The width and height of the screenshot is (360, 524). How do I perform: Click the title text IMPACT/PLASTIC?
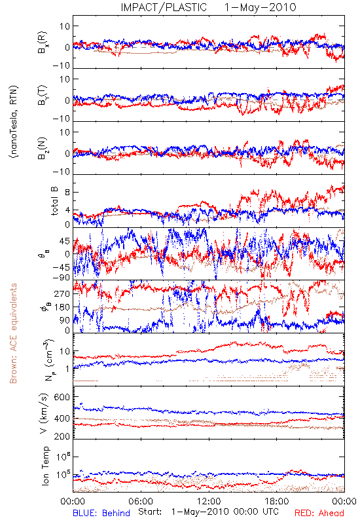coord(164,7)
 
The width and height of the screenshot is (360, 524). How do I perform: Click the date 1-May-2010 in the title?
coord(260,7)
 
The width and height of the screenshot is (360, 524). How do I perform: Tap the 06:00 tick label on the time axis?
coord(141,501)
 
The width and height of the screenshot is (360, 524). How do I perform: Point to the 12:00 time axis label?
coord(209,501)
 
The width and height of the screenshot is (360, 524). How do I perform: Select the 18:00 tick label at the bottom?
coord(277,501)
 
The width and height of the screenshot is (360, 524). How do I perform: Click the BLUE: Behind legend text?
coord(101,513)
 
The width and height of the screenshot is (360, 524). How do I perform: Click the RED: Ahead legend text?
coord(319,513)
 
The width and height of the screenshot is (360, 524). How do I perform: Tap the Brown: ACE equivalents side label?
coord(13,333)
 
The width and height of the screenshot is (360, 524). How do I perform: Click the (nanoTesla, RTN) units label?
coord(14,122)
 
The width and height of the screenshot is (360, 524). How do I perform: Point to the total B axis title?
coord(54,201)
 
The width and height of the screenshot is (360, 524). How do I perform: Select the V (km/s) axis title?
coord(44,413)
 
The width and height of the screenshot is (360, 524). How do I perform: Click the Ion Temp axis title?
coord(45,466)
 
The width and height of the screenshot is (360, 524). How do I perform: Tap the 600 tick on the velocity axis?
coord(62,397)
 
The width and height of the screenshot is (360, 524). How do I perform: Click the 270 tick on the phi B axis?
coord(62,293)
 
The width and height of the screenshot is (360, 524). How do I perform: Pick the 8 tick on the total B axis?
coord(67,192)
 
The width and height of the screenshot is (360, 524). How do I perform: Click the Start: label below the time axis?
coord(150,512)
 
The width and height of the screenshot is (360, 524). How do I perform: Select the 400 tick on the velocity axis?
coord(62,419)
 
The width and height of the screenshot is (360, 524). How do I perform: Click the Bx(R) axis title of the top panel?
coord(43,42)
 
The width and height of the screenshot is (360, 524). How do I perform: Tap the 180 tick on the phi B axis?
coord(62,307)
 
